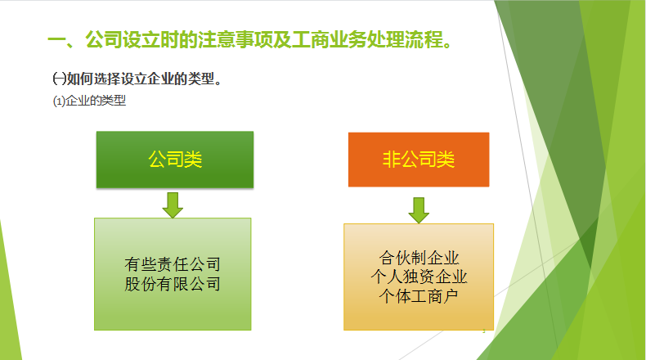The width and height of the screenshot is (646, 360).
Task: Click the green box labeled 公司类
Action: pos(175,160)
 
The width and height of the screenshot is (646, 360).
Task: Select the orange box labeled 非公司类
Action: pos(419,160)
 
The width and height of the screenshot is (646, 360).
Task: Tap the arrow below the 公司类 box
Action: pos(173,205)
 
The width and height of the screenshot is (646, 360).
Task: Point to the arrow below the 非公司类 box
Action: pos(419,209)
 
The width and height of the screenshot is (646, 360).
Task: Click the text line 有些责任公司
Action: pos(173,265)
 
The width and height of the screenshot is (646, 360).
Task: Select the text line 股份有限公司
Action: pos(173,284)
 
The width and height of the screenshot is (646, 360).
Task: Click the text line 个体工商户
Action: pos(419,295)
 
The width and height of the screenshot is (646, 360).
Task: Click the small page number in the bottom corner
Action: pos(483,331)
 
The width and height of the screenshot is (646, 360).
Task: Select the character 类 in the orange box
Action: pos(445,160)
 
